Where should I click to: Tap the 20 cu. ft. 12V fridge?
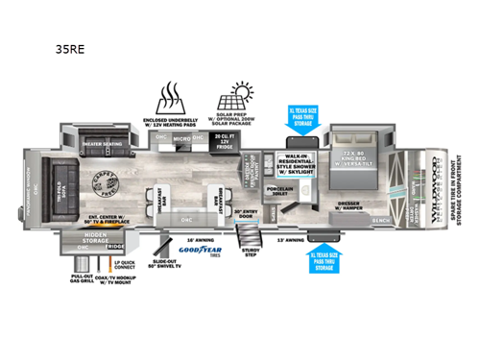click(225, 143)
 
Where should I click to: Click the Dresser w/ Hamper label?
click(352, 204)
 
